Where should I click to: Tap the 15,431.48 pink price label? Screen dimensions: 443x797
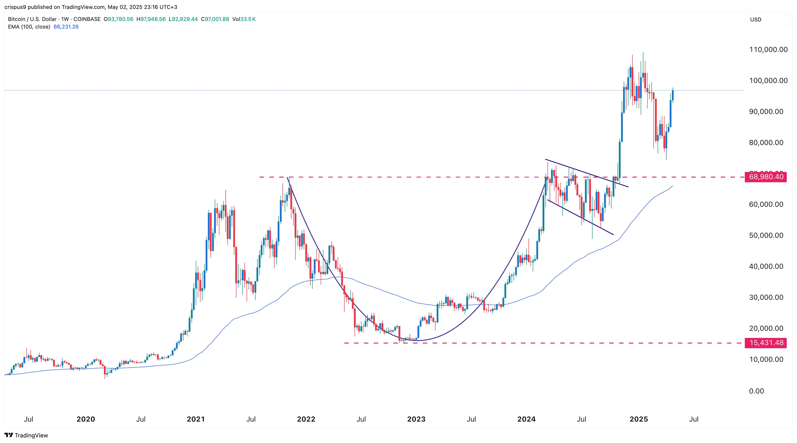click(766, 343)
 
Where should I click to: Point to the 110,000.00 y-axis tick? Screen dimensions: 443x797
click(768, 50)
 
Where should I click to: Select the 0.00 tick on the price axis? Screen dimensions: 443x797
click(756, 391)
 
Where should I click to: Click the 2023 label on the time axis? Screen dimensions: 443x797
click(416, 419)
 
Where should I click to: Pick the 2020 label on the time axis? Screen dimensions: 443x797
click(86, 419)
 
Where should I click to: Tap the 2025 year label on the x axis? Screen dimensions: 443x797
click(639, 419)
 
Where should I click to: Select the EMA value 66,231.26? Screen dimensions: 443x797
click(66, 27)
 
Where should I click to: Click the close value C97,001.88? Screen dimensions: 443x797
click(215, 19)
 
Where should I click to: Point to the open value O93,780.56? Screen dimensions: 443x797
click(118, 19)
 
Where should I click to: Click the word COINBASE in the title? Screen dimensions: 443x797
click(87, 19)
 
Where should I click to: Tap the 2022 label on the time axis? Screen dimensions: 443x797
click(306, 419)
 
